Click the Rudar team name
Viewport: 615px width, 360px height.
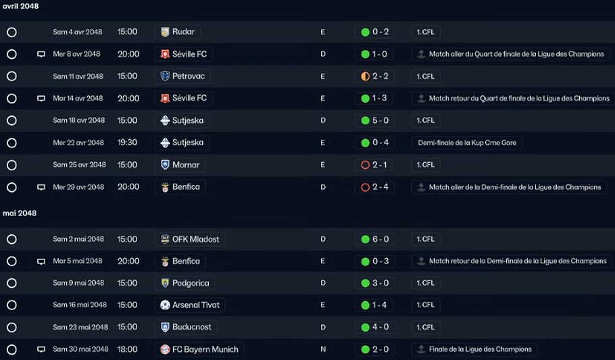(x=183, y=32)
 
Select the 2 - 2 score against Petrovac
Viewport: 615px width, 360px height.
(x=380, y=76)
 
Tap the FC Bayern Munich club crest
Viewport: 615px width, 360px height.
(x=165, y=349)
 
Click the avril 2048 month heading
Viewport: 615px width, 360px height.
(x=21, y=6)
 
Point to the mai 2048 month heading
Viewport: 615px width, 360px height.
(x=20, y=213)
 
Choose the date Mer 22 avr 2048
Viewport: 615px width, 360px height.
(x=78, y=143)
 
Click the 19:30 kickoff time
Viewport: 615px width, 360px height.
(x=128, y=143)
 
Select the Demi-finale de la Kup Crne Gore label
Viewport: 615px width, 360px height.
(x=467, y=143)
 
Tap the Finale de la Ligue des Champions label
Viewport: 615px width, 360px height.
(x=480, y=349)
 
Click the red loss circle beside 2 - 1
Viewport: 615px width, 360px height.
(x=365, y=165)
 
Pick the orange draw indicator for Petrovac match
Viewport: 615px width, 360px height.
(x=365, y=76)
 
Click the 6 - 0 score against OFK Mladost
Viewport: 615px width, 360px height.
(x=380, y=239)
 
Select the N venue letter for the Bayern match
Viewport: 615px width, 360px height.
(x=323, y=349)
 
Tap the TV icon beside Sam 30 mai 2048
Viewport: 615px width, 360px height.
(x=41, y=349)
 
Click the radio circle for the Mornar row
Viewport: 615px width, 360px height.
(x=11, y=165)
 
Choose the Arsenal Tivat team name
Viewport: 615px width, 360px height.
(x=196, y=305)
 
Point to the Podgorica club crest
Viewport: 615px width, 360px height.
(x=165, y=283)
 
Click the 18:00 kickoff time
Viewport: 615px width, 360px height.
(x=128, y=349)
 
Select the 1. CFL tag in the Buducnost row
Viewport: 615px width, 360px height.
(x=426, y=327)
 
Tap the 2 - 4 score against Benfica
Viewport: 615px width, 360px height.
(x=380, y=187)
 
